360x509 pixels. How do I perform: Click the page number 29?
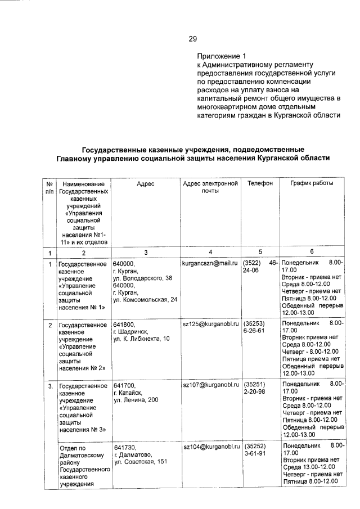click(192, 39)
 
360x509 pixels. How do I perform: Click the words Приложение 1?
click(222, 56)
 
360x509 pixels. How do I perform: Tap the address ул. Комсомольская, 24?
click(145, 300)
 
